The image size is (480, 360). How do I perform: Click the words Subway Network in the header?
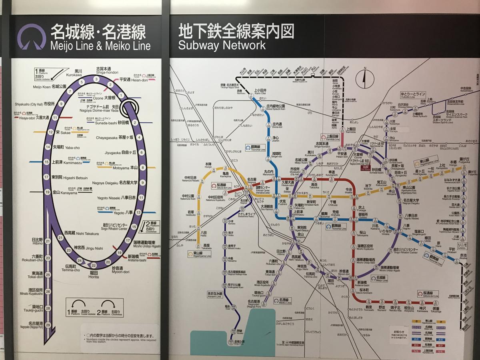(222, 45)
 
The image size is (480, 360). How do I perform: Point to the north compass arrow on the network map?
(364, 79)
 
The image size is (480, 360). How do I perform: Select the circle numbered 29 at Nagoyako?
(48, 325)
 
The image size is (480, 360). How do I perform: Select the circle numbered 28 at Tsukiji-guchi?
(48, 308)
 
